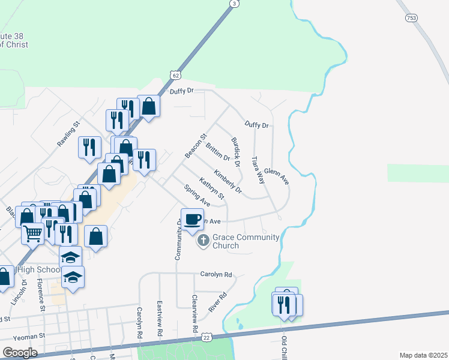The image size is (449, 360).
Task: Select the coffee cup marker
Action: [x=193, y=219]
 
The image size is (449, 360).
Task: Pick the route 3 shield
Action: [x=234, y=4]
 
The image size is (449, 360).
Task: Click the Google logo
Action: [x=20, y=353]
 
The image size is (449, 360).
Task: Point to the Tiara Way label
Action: [x=258, y=170]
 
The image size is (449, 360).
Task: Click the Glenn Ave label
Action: [x=277, y=176]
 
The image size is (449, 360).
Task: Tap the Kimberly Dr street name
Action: [x=228, y=181]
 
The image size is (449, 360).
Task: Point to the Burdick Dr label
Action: [x=236, y=152]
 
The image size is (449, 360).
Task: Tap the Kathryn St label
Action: [x=212, y=188]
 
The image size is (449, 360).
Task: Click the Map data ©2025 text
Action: [x=423, y=355]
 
